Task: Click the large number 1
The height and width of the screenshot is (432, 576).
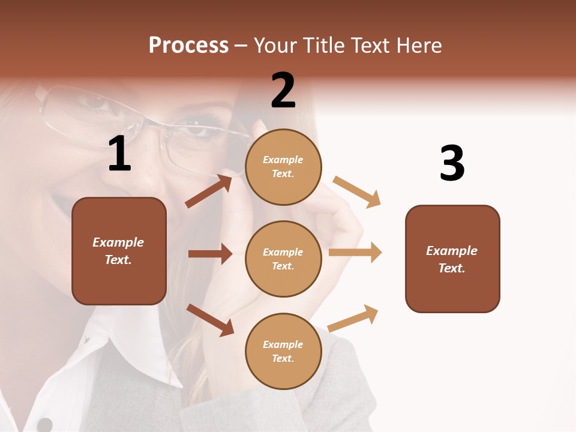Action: coord(119,154)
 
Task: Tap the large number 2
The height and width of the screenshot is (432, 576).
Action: coord(283,91)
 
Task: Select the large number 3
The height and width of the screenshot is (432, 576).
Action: coord(452,164)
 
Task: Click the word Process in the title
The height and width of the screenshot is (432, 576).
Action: coord(188,45)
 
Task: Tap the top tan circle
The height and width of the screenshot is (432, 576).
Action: coord(283,167)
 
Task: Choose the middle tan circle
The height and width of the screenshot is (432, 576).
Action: coord(283,259)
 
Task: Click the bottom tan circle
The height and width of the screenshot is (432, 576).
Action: coord(283,351)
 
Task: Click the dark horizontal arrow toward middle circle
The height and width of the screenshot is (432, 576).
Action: coord(210,254)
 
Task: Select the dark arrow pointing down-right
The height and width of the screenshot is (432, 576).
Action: coord(210,319)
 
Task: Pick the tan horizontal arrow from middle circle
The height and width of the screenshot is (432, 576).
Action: coord(355,253)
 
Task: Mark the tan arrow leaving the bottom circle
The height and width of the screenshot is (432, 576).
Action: coord(353,317)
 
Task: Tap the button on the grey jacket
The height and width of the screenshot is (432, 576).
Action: coord(44,425)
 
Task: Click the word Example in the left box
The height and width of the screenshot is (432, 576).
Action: coord(118,242)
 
